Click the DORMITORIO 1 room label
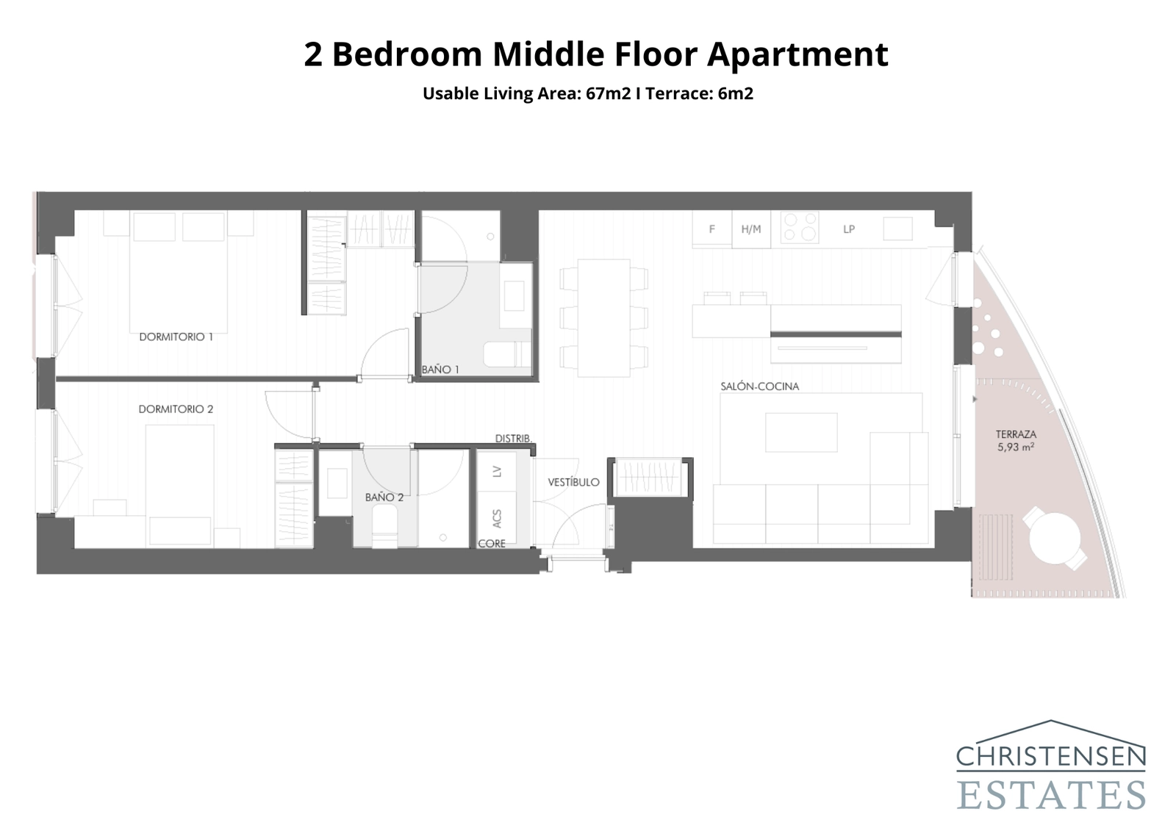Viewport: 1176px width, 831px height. pos(176,337)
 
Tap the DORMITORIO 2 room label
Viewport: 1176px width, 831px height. pos(176,409)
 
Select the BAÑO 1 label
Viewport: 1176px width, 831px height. pos(440,370)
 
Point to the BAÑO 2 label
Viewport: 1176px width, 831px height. pos(384,497)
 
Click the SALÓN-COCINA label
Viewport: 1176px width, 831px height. pos(759,386)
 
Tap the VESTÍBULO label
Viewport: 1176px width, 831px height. pos(573,483)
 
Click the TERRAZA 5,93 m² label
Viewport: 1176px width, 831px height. pos(1016,440)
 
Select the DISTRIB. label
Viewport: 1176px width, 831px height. pos(513,439)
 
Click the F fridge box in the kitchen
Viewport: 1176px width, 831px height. pos(711,229)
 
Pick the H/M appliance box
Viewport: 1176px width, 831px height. pos(750,229)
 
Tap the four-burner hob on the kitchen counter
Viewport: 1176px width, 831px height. pos(800,227)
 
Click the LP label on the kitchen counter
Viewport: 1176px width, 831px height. pos(849,229)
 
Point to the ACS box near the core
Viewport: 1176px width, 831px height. pos(497,518)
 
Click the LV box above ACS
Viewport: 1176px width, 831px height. pos(497,471)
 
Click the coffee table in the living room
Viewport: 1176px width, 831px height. pos(801,432)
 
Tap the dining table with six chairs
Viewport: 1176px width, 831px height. pos(603,317)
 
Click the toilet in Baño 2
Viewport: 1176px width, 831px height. pos(384,528)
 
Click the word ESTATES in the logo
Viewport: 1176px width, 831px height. pos(1051,795)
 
